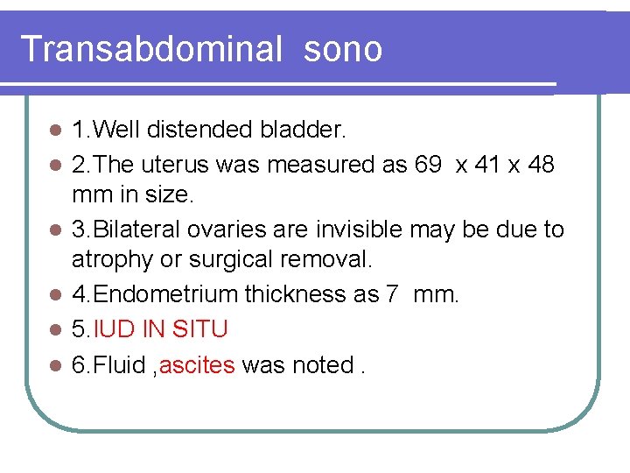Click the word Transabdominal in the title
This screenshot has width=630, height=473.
point(151,49)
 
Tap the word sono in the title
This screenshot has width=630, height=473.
point(343,49)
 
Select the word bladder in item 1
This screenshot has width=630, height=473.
point(303,131)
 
